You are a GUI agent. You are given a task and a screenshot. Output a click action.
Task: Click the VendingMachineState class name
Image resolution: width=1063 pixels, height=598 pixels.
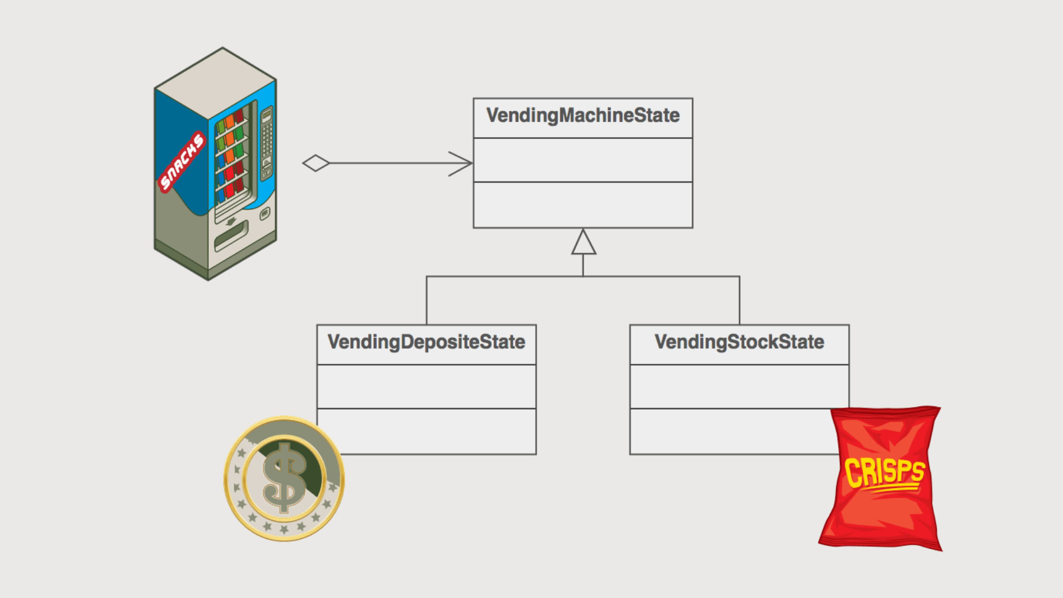[582, 116]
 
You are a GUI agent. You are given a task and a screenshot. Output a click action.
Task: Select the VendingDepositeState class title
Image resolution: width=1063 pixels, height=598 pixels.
[426, 342]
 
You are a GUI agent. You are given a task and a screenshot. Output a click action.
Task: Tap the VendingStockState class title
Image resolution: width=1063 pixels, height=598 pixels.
[739, 342]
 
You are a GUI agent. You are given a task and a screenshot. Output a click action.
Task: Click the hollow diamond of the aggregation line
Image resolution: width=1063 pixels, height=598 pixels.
[316, 163]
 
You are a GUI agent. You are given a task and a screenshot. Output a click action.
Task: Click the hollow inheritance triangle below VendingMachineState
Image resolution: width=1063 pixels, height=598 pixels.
[584, 244]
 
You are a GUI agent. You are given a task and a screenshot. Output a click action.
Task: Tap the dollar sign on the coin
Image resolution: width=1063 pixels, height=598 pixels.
[284, 477]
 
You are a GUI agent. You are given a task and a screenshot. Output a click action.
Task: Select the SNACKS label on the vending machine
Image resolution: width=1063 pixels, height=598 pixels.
[182, 161]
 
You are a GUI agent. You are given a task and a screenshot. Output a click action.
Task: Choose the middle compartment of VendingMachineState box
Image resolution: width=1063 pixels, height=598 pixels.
[582, 160]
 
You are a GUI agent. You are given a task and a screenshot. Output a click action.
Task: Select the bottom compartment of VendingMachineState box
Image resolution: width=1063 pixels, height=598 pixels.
[582, 205]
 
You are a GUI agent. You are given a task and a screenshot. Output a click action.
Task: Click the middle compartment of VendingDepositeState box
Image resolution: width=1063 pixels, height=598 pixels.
[426, 386]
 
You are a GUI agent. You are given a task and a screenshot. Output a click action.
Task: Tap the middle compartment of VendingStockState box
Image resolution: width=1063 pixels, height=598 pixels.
[739, 386]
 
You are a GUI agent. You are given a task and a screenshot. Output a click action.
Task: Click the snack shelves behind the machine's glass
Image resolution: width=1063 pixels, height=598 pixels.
[231, 158]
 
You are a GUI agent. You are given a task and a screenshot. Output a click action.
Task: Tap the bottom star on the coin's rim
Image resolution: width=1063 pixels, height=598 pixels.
[284, 529]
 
